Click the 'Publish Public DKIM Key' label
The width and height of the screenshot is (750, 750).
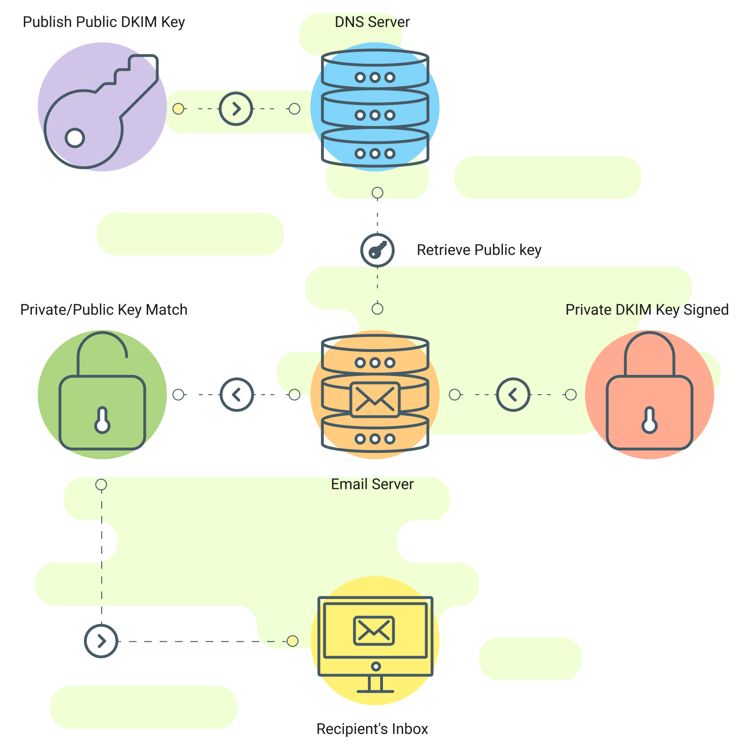pyautogui.click(x=104, y=22)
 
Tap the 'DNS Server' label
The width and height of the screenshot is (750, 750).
pyautogui.click(x=372, y=22)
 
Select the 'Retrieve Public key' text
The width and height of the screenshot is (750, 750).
pyautogui.click(x=479, y=250)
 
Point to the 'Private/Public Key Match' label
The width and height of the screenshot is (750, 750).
pyautogui.click(x=104, y=310)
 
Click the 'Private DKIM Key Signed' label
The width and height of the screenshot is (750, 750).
pyautogui.click(x=647, y=310)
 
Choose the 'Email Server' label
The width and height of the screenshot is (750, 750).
pyautogui.click(x=372, y=484)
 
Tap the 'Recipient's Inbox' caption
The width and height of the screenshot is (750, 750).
pyautogui.click(x=372, y=729)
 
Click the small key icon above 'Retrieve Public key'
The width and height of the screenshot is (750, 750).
pyautogui.click(x=377, y=250)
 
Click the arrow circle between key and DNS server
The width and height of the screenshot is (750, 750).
pyautogui.click(x=236, y=109)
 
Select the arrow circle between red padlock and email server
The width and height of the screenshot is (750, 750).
pyautogui.click(x=513, y=395)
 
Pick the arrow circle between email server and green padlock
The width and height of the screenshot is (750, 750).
pyautogui.click(x=237, y=395)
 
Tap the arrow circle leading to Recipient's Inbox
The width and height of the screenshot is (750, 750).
pyautogui.click(x=101, y=641)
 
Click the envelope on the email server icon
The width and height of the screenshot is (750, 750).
pyautogui.click(x=375, y=400)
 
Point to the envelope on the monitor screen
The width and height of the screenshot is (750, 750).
pyautogui.click(x=374, y=630)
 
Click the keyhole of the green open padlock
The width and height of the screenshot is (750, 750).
pyautogui.click(x=102, y=421)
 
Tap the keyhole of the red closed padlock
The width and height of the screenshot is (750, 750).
pyautogui.click(x=649, y=421)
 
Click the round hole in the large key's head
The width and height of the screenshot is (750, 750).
pyautogui.click(x=75, y=138)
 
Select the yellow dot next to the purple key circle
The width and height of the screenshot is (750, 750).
pyautogui.click(x=178, y=109)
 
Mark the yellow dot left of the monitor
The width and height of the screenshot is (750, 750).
pyautogui.click(x=292, y=641)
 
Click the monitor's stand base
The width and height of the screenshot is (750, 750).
pyautogui.click(x=375, y=690)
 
